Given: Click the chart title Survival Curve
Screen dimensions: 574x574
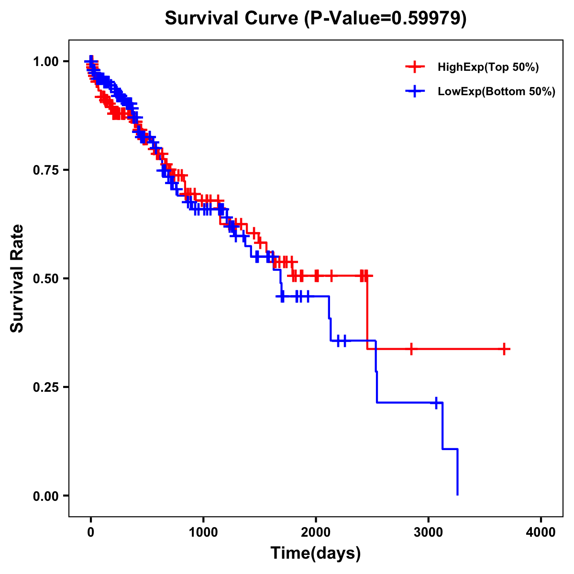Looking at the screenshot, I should tap(315, 18).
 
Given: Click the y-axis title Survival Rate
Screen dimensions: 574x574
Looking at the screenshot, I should tap(17, 278).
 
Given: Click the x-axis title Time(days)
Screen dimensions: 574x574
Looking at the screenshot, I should tap(315, 553).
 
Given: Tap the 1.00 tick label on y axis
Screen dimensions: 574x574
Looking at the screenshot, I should tap(46, 61).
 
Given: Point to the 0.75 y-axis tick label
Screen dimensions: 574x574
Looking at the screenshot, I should tap(46, 170).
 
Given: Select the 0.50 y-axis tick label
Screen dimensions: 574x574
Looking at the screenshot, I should tap(46, 278).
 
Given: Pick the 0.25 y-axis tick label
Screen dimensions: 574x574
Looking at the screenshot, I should tap(46, 387).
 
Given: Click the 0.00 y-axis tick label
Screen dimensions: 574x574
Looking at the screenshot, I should tap(46, 496).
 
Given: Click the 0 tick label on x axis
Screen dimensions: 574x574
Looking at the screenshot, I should tap(90, 532).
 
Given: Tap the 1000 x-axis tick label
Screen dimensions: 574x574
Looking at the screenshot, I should tap(203, 532).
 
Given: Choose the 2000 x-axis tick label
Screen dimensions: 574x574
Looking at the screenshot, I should tap(316, 532).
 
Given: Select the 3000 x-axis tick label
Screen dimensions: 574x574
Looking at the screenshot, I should tap(429, 532).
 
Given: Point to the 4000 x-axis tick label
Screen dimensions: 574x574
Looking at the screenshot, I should tap(541, 532).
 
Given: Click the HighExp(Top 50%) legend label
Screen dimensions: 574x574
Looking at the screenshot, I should tap(488, 67).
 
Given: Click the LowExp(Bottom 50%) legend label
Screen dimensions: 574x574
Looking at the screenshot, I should tap(497, 92).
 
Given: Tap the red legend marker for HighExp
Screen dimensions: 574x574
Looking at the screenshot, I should tap(415, 67).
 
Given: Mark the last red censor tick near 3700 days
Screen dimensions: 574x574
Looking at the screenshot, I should tap(504, 349).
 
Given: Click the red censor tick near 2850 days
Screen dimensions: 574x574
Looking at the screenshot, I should tap(411, 349).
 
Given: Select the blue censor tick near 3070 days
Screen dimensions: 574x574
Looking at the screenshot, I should tap(436, 403).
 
